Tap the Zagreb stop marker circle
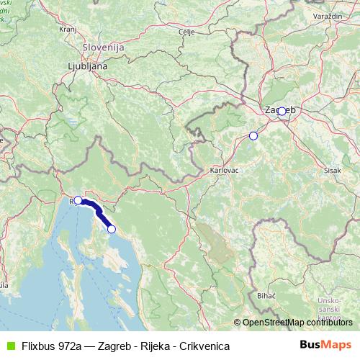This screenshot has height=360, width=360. point(282,111)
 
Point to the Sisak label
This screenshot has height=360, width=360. point(333,171)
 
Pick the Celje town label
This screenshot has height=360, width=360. point(187,32)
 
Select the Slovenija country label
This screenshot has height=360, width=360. point(104,47)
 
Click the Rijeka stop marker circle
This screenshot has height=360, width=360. point(78,200)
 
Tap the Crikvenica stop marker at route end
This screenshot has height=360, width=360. point(111,229)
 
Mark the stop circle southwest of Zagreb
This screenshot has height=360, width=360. point(253,135)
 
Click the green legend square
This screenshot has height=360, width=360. point(9,346)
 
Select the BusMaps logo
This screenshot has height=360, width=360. point(325,346)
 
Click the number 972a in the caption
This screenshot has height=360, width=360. point(75,346)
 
